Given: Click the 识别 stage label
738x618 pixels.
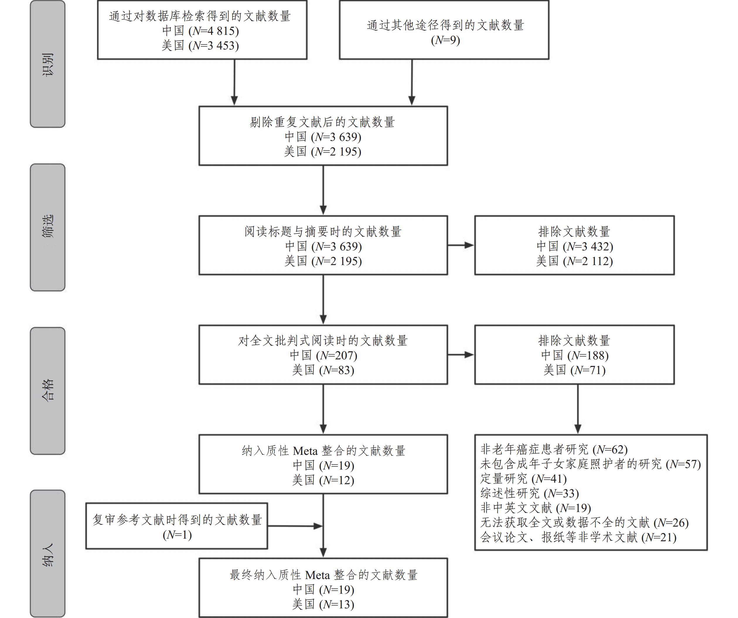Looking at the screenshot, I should (x=48, y=64).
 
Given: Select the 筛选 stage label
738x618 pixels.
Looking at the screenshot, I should (x=48, y=227).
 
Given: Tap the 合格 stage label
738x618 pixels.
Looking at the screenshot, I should (x=48, y=390).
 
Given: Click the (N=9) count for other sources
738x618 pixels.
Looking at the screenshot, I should (x=445, y=40).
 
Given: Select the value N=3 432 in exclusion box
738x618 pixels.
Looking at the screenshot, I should (x=588, y=247).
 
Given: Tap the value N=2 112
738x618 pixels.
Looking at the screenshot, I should (x=588, y=261).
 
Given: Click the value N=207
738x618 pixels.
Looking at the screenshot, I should (x=337, y=356).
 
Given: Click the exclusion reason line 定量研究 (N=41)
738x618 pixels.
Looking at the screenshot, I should (x=523, y=479).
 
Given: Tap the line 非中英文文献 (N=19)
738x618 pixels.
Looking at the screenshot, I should (x=536, y=508).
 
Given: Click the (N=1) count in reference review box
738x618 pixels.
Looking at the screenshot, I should (x=177, y=535).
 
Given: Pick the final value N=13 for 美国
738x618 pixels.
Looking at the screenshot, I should (x=337, y=605).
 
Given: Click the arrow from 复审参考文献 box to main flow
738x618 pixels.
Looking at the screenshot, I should (x=295, y=526).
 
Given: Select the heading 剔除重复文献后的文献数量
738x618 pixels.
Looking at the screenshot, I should (x=323, y=122).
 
